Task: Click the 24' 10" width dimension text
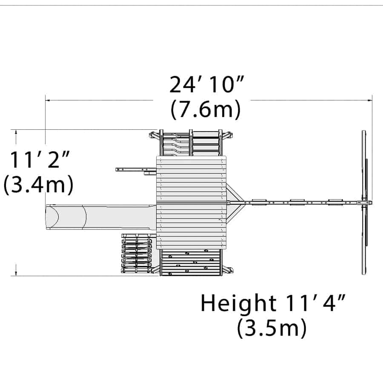coord(207,85)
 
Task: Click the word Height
coord(238,303)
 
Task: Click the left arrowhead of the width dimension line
coord(48,100)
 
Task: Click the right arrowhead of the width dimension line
coord(369,100)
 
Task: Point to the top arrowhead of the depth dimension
coord(16,133)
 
